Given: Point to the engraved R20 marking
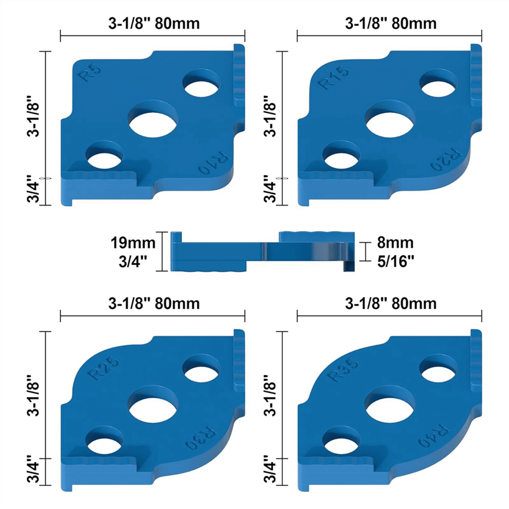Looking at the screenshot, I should click(445, 159).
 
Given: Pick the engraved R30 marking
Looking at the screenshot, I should click(201, 439).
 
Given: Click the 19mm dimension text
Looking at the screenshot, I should click(133, 243).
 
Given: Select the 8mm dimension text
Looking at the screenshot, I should click(395, 243).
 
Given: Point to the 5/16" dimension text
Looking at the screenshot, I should click(395, 261).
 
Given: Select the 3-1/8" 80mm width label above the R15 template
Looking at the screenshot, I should click(391, 23).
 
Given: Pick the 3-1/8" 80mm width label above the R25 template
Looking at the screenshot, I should click(154, 303).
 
